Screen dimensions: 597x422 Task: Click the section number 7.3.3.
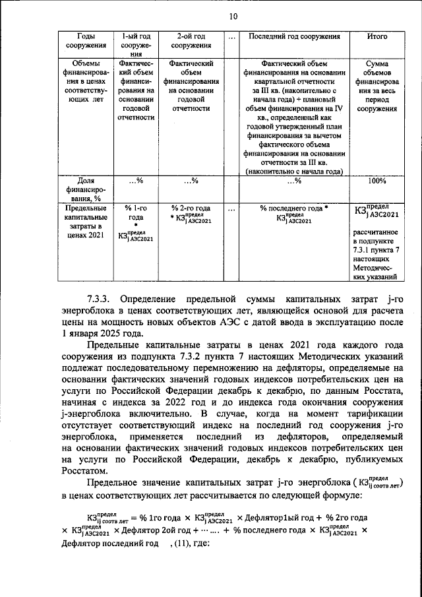(x=102, y=298)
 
